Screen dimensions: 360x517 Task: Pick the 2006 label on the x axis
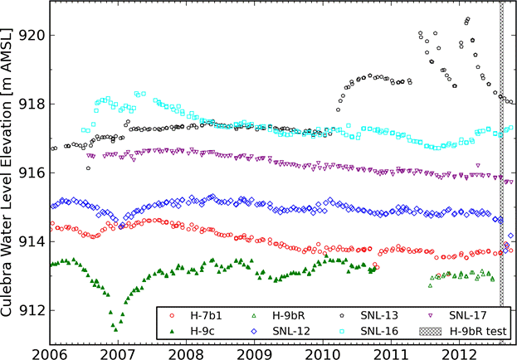click(49, 353)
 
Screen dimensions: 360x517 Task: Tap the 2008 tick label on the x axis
click(186, 353)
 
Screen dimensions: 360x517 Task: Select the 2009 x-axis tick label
click(255, 353)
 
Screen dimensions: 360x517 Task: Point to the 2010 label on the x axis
click(324, 353)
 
